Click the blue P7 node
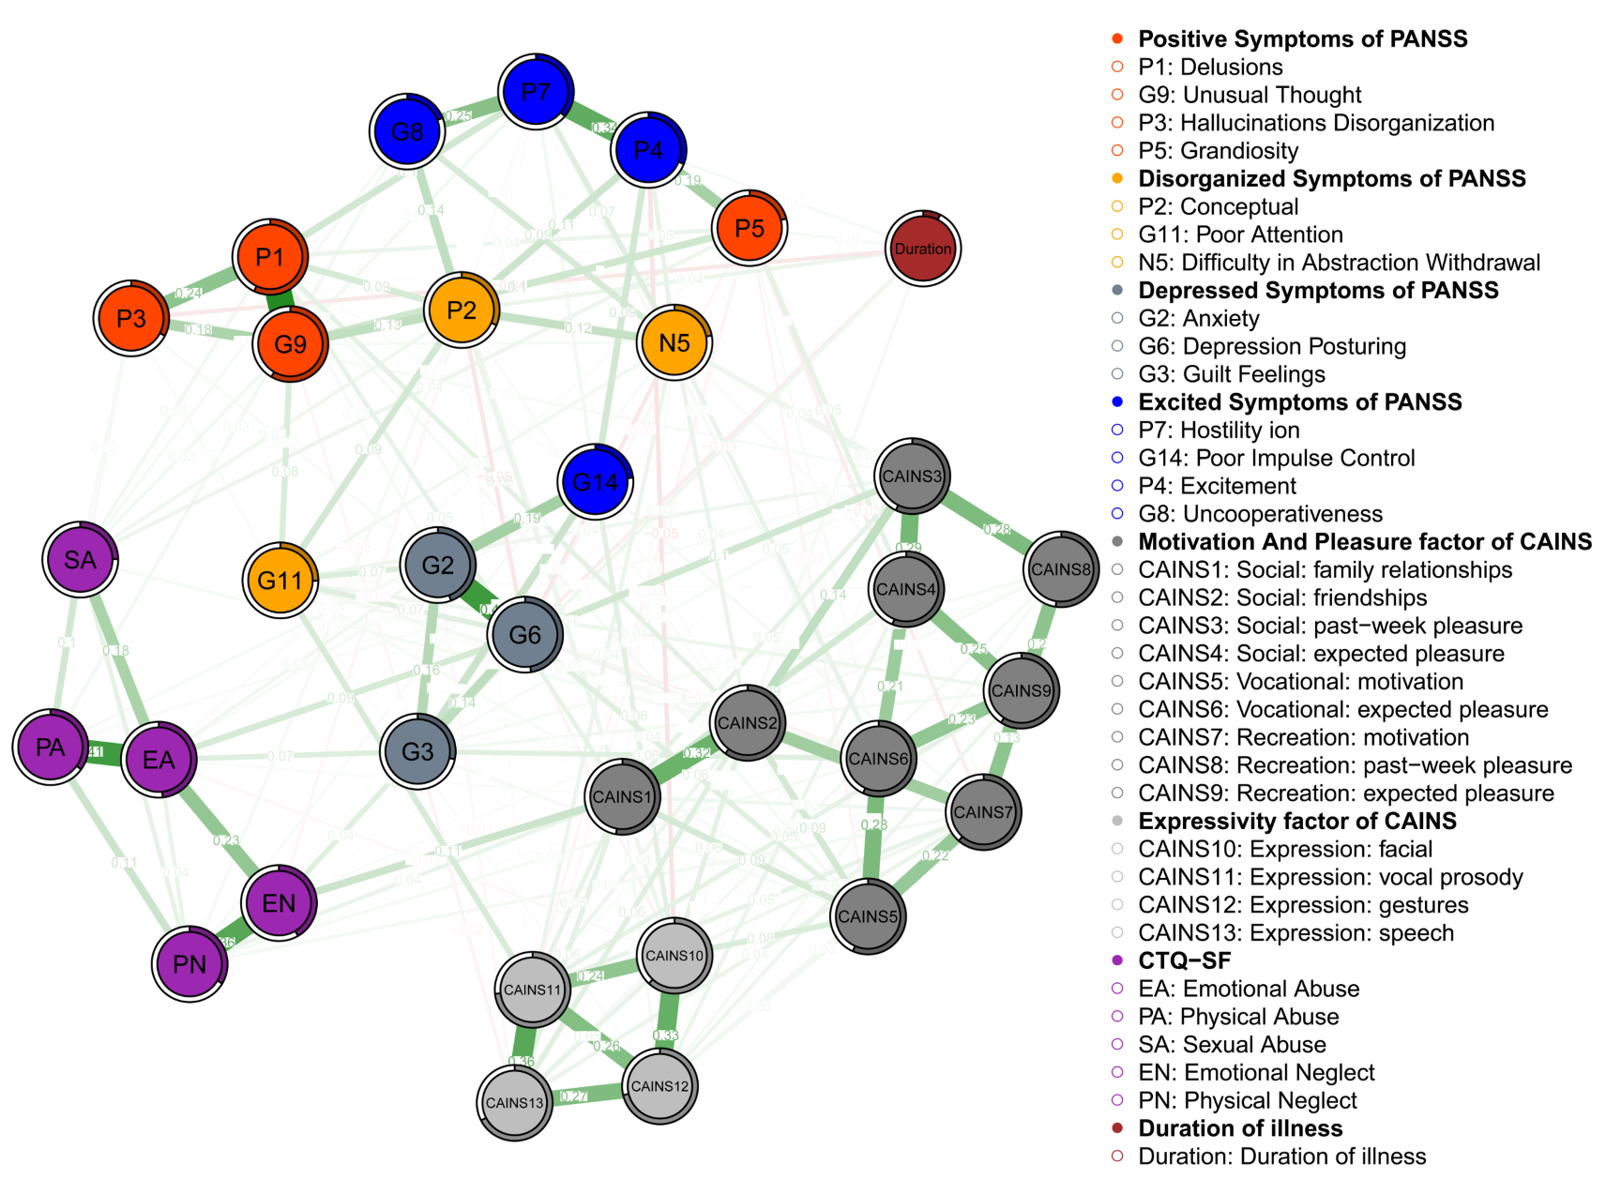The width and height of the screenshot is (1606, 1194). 536,91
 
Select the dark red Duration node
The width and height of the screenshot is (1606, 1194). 923,249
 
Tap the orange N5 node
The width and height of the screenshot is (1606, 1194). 674,342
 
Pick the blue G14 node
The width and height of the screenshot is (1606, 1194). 596,482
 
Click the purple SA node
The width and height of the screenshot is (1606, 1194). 81,560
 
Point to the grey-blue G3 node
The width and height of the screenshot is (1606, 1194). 417,751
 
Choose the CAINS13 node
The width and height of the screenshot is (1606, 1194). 515,1103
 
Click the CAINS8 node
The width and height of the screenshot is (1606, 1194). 1061,569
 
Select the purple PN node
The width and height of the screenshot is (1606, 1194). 189,963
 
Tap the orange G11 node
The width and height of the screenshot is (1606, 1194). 280,581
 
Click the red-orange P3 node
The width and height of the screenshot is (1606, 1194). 131,318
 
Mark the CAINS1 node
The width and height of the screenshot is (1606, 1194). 622,797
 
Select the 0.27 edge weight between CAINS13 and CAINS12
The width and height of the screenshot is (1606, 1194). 573,1096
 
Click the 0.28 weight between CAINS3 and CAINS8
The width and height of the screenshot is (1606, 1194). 996,530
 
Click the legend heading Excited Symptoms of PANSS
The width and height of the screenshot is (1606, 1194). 1299,402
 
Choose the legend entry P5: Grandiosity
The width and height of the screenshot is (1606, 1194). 1218,151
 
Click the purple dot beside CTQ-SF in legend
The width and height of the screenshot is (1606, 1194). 1117,960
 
